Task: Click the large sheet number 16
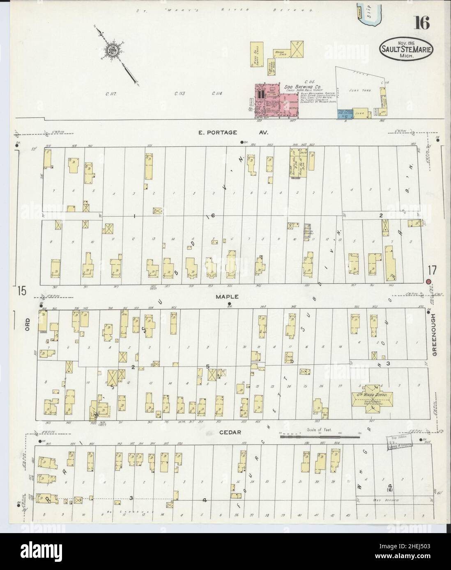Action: (x=422, y=23)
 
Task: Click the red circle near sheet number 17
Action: (x=428, y=282)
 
